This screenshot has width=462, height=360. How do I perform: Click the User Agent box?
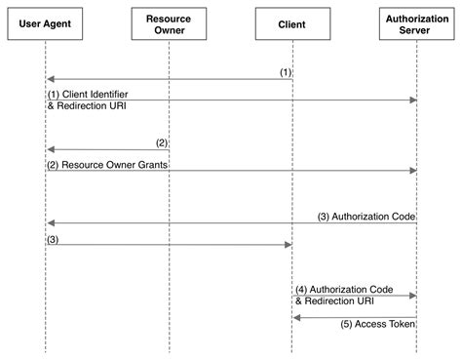45,23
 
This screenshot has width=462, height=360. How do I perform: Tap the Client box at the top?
292,23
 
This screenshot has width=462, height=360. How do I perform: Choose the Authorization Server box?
417,23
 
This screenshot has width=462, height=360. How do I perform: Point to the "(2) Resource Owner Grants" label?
106,164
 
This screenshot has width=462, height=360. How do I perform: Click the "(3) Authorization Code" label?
367,215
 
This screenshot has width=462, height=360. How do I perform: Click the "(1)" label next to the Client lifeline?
284,71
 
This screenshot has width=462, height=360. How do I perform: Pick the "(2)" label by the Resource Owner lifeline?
161,142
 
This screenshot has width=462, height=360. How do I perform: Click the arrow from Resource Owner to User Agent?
107,149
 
